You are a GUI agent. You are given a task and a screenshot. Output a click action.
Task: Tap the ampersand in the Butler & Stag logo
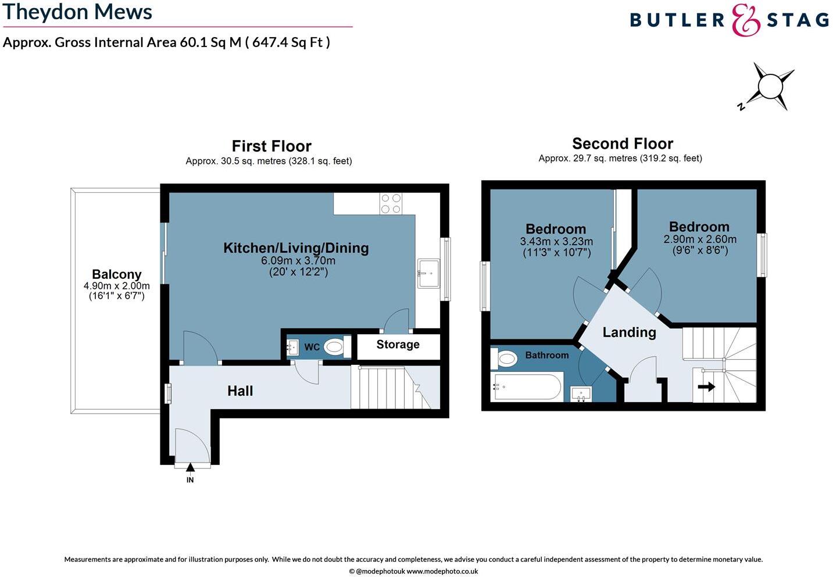(x=746, y=20)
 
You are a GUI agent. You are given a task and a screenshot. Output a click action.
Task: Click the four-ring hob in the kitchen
(x=391, y=203)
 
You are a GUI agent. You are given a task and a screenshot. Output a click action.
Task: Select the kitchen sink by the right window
(x=429, y=273)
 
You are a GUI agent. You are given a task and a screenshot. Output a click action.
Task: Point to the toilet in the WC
(x=334, y=347)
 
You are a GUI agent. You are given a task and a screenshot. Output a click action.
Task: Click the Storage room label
(x=398, y=345)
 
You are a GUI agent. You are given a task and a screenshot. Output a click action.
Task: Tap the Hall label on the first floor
(x=239, y=391)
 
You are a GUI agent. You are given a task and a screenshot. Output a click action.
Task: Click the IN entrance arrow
(x=190, y=467)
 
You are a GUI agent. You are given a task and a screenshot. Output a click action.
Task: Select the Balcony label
(x=116, y=274)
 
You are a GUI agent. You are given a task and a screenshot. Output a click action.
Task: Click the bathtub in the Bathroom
(x=527, y=386)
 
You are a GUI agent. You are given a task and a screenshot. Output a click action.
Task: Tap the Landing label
(x=629, y=332)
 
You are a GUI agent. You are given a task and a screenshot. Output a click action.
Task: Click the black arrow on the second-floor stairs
(x=706, y=386)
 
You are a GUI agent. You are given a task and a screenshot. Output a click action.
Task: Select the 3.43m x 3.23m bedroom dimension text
(x=556, y=241)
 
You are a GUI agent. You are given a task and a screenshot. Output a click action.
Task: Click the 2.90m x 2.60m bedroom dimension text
(x=700, y=239)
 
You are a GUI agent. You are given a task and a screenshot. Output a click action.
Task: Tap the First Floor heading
(x=271, y=146)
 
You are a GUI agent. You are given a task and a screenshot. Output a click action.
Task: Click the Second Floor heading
(x=623, y=144)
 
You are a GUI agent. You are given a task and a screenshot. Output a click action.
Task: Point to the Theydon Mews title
(x=77, y=12)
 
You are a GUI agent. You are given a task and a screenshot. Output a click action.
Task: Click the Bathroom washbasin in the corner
(x=581, y=394)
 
